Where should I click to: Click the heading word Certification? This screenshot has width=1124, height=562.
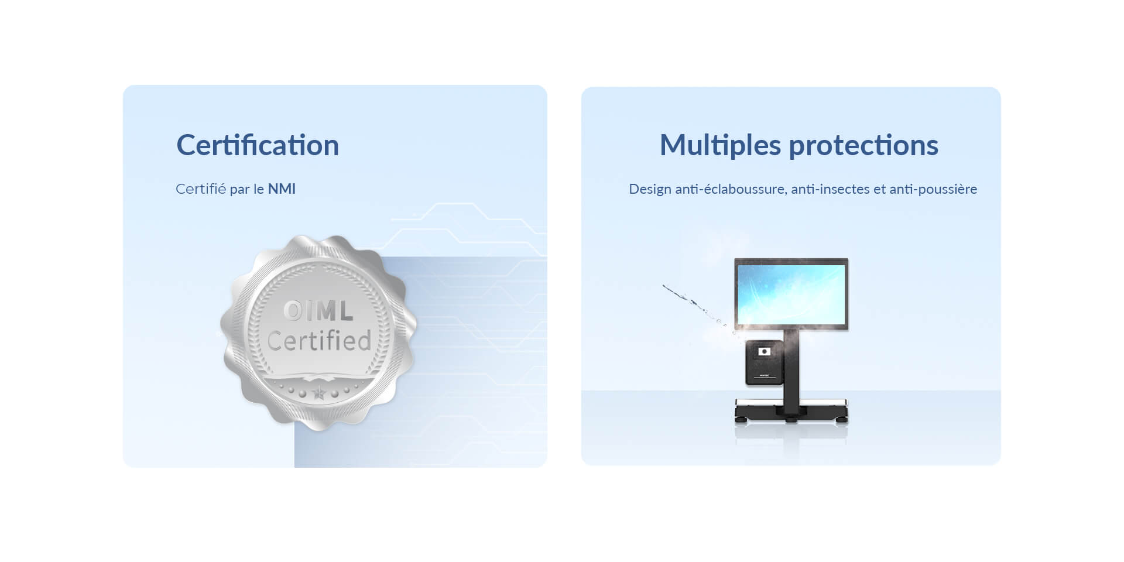(258, 145)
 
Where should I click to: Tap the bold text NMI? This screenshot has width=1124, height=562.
(282, 189)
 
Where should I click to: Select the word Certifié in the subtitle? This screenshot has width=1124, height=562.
(201, 189)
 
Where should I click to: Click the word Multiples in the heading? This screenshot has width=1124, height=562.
(720, 146)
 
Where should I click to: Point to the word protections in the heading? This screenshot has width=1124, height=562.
(863, 146)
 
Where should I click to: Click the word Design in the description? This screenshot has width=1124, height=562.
(650, 190)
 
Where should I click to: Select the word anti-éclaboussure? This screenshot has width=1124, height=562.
(732, 189)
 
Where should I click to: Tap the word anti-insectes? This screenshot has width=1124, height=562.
(830, 189)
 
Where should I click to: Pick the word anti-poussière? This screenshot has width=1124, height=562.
(933, 190)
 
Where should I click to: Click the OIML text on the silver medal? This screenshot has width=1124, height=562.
(318, 311)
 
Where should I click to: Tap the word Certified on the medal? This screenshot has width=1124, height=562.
(319, 341)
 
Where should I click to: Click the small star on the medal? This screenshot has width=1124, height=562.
(318, 393)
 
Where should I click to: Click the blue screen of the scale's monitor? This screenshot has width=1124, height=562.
(791, 294)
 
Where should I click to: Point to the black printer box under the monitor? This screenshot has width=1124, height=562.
(764, 363)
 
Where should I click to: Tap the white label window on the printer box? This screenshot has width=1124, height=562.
(764, 351)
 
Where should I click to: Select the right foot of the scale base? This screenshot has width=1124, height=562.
(842, 419)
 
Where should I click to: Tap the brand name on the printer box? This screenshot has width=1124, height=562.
(764, 376)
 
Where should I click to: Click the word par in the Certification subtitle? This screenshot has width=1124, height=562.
(239, 190)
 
